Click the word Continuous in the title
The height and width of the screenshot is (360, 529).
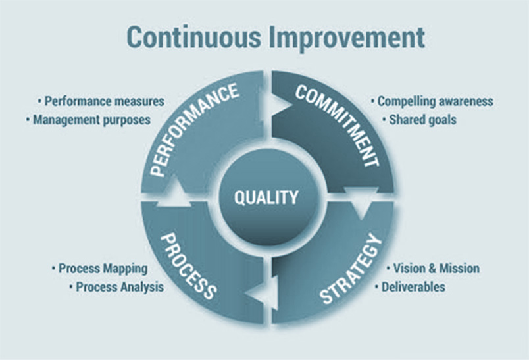pos(194,37)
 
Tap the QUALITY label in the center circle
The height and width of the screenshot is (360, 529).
pos(266,197)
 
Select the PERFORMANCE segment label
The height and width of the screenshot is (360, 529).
pos(193,130)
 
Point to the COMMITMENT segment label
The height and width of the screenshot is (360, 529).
pos(338,126)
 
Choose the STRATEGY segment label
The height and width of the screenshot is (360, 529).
pos(351,269)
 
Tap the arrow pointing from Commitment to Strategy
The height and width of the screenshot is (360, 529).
pos(361,203)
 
